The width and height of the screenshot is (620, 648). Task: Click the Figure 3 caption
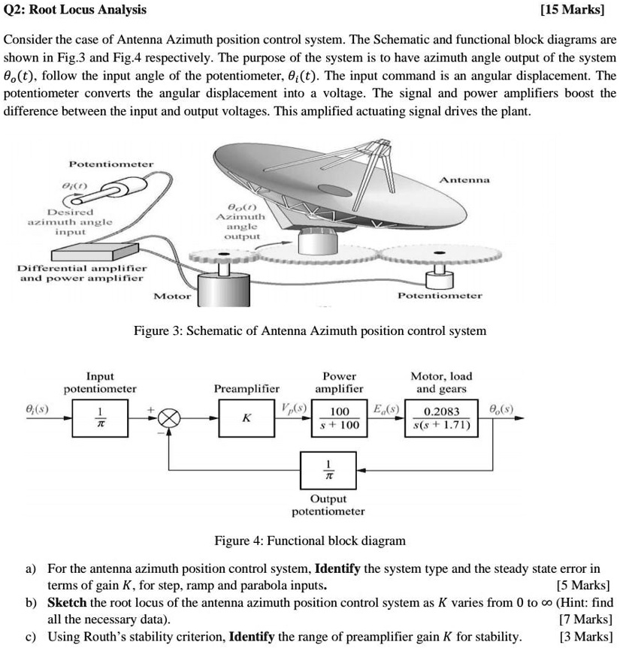(310, 330)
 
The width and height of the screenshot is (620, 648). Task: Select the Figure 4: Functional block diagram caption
(310, 541)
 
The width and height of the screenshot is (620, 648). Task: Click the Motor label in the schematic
(172, 296)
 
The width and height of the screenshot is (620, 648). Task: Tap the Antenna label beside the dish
(464, 179)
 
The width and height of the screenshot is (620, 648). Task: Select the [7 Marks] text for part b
(585, 619)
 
